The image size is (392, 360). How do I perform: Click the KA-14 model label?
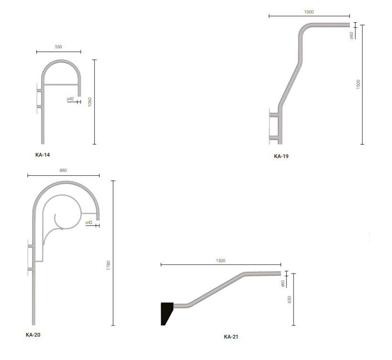coord(43,155)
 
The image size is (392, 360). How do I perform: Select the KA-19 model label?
coord(281,156)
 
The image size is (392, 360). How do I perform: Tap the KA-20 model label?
coord(33,335)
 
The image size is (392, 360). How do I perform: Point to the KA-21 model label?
coord(231,337)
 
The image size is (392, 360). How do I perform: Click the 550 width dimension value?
coord(58,47)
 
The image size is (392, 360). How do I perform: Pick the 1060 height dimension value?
coord(90,102)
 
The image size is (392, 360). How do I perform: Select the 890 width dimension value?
coord(63,170)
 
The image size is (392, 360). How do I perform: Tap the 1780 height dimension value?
coord(108,265)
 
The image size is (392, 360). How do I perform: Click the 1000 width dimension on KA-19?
coord(309,12)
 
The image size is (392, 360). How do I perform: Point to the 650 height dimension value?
coord(290,299)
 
